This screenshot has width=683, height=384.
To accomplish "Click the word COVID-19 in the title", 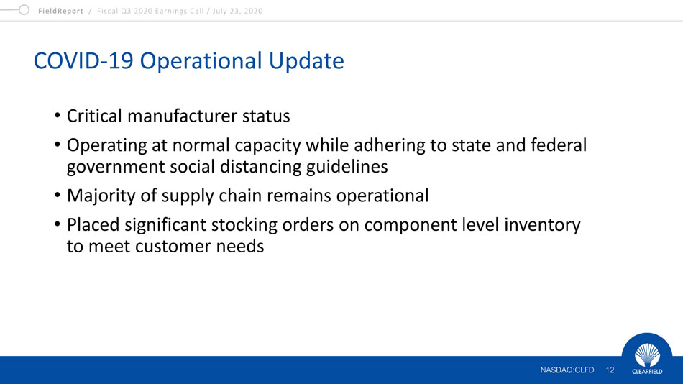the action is (83, 60).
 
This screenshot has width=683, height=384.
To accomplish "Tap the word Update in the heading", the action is (306, 61).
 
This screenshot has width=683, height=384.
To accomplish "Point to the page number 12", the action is (610, 370).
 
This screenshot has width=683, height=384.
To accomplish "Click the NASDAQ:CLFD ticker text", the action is (567, 370).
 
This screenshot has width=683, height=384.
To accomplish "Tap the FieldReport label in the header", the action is (60, 11).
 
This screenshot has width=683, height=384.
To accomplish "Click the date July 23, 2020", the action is (237, 11).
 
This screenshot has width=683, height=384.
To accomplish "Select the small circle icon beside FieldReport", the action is (24, 9).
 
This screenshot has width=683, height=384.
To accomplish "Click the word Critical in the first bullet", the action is (94, 116).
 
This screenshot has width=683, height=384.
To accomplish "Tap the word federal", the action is (559, 145).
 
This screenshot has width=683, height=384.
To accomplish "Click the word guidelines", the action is (347, 167).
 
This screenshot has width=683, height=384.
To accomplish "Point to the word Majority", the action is (101, 196).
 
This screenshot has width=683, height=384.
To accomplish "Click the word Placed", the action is (93, 225).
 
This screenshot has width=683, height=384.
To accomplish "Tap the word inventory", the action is (542, 225).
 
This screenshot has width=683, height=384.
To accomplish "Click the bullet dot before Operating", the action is (58, 145).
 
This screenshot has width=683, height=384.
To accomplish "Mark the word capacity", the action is (267, 146).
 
